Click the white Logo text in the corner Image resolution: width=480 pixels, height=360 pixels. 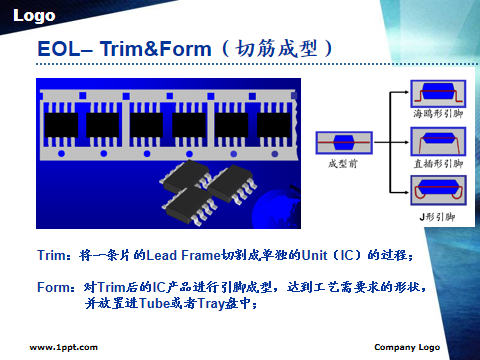34,16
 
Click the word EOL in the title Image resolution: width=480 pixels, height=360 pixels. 59,49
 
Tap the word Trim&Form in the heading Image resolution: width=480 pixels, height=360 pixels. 155,49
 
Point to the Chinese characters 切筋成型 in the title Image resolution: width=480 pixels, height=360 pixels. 276,49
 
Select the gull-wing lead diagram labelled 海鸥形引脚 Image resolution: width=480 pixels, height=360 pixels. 438,93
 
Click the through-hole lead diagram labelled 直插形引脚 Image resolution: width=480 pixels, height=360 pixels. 438,141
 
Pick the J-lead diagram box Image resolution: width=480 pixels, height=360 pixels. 438,190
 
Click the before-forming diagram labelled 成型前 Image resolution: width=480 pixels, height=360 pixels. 344,143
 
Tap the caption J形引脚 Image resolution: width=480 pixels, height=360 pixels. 437,217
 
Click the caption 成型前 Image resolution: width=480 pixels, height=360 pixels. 343,164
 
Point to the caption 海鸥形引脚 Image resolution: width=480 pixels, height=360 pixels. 438,114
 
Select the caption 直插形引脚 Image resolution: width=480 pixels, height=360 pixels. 438,164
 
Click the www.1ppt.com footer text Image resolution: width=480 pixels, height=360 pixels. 64,348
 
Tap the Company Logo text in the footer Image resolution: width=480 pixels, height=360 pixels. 407,348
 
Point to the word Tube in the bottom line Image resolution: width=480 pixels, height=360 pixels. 154,303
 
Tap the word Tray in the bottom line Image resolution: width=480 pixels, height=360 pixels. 210,304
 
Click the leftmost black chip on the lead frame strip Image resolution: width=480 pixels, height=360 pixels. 61,125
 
